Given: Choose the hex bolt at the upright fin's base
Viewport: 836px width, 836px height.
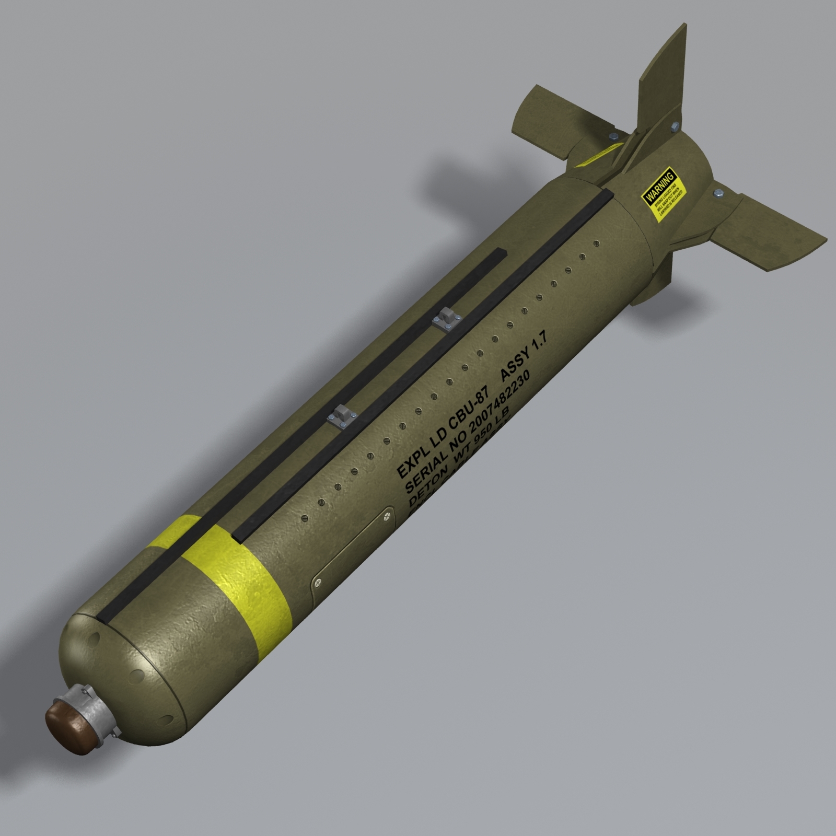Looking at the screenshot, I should tap(674, 126).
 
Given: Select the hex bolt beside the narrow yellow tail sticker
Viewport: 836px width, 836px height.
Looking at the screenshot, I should tap(612, 137).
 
